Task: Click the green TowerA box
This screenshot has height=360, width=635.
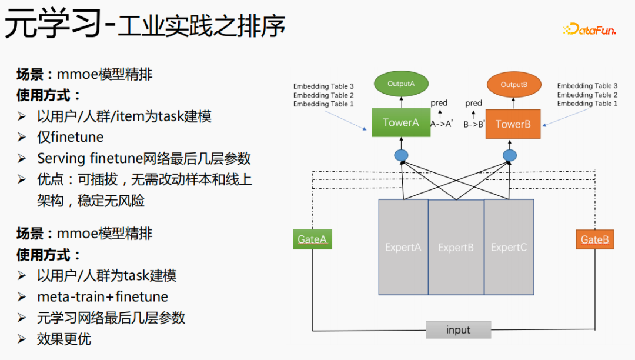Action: tap(401, 122)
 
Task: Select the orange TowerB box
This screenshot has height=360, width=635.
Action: tap(513, 124)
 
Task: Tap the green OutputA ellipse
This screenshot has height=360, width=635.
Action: tap(401, 84)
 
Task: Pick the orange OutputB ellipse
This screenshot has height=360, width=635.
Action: tap(514, 85)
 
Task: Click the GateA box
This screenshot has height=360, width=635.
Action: tap(312, 239)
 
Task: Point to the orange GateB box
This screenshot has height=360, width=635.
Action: tap(594, 239)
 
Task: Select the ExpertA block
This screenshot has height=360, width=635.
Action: tap(403, 247)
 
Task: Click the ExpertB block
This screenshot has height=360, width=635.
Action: tap(456, 247)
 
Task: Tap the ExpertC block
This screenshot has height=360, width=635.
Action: tap(509, 247)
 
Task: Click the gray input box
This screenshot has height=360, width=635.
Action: tap(458, 330)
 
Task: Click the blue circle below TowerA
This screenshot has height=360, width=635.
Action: tap(401, 156)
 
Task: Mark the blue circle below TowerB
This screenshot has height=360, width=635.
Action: tap(510, 156)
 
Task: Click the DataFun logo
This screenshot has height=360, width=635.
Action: tap(589, 29)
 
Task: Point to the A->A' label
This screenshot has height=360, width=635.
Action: tap(441, 124)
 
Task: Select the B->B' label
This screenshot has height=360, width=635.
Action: tap(474, 124)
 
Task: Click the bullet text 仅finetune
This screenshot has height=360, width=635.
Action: tap(70, 137)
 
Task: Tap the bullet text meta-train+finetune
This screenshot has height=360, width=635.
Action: tap(102, 296)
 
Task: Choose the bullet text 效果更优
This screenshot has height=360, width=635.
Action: tap(63, 339)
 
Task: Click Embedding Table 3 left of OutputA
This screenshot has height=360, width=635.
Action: tap(323, 86)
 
